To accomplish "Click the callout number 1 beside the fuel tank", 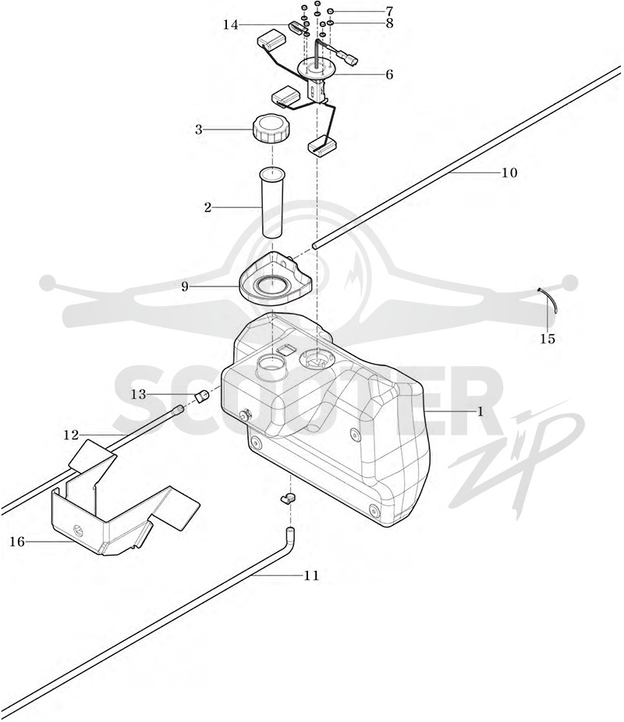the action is (x=480, y=411).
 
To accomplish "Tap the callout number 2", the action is (x=207, y=208).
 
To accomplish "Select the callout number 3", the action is (x=198, y=130).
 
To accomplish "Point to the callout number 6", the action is (x=389, y=74).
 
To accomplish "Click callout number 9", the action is (x=185, y=287).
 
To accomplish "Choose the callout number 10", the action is (x=509, y=172).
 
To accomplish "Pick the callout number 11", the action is (x=311, y=575).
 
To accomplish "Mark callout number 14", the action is (x=231, y=24).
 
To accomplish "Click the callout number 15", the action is (x=548, y=339).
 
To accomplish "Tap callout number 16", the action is (x=17, y=542).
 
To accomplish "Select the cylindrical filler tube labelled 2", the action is (x=273, y=203).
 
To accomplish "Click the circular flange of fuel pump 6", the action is (x=317, y=69).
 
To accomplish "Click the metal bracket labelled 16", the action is (x=124, y=497).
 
